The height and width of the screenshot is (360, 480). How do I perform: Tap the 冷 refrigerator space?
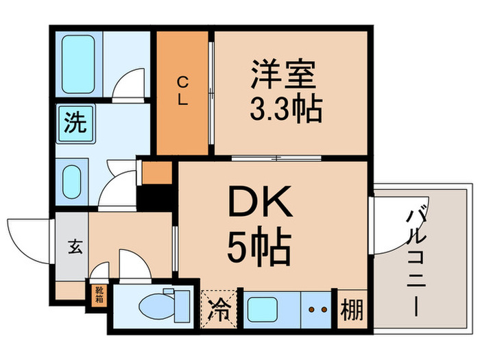(x=217, y=307)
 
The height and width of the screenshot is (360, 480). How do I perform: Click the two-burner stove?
(x=317, y=308)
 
